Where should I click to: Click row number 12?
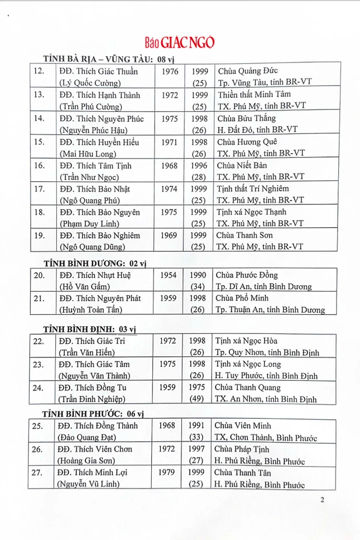point(39,71)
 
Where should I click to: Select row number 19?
point(39,236)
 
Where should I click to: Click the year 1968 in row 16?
point(170,166)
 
